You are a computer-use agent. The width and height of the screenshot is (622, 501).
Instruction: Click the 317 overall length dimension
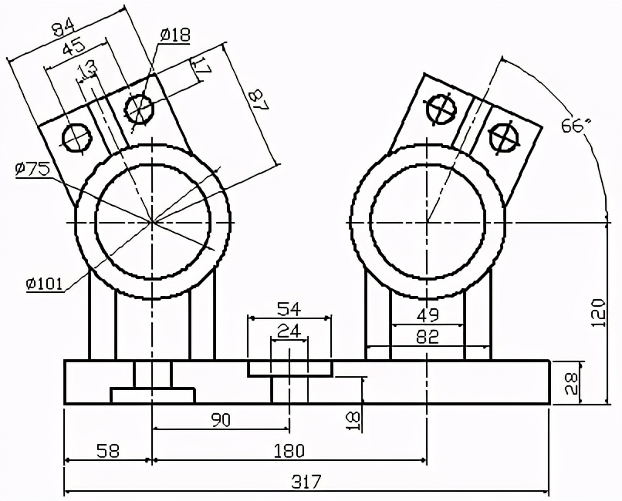pos(306,482)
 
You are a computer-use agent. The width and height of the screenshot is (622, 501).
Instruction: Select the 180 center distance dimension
pos(289,450)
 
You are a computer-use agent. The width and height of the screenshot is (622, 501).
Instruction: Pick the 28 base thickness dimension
pos(571,382)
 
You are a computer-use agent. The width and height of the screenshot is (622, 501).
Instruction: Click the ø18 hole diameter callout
pos(176,34)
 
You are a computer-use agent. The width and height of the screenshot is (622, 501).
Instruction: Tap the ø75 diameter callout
pos(32,170)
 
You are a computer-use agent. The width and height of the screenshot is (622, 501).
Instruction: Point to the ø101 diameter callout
pos(45,284)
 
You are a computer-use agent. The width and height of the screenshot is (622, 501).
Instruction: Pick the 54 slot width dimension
pos(289,309)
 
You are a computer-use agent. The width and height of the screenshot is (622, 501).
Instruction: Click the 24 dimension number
pos(289,331)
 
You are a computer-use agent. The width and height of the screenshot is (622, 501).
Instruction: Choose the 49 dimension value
pos(428,314)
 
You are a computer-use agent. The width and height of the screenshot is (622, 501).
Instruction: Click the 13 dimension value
pos(87,69)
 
